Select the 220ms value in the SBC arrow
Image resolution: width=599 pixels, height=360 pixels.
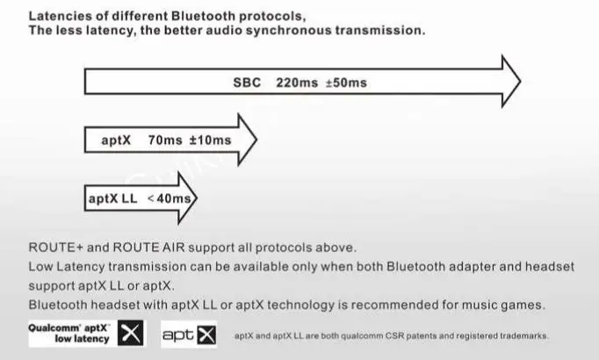(296, 83)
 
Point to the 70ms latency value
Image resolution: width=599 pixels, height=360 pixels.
(165, 140)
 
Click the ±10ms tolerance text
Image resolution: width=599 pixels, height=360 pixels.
(211, 140)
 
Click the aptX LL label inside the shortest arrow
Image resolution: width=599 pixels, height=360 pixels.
(113, 198)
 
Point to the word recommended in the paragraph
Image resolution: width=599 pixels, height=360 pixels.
(393, 305)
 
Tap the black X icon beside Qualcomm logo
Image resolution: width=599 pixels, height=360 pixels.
(131, 334)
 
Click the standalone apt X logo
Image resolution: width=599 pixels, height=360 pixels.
(188, 335)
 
